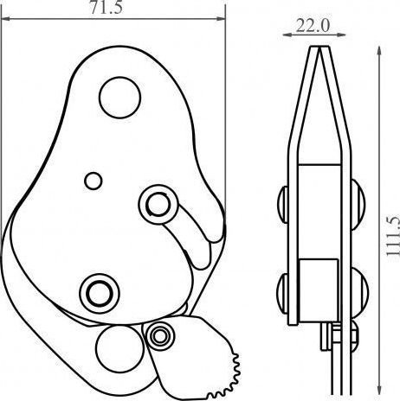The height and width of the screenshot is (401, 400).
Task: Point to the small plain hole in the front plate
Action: tap(93, 180)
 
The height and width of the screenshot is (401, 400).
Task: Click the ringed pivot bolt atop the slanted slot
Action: tap(157, 203)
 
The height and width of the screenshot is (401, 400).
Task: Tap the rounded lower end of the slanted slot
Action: tap(200, 257)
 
